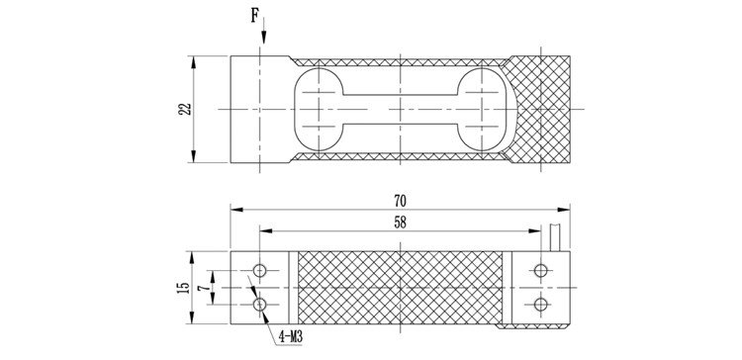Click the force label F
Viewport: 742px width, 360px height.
(254, 16)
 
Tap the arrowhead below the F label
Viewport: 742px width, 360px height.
(263, 38)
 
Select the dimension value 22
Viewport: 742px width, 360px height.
(186, 109)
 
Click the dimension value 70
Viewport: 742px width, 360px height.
(400, 201)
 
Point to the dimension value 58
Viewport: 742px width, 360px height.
(400, 223)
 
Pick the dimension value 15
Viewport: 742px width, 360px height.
(184, 288)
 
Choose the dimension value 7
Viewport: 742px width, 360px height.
(204, 288)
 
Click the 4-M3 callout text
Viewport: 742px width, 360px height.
(291, 337)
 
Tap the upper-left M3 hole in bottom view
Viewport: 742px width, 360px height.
(259, 271)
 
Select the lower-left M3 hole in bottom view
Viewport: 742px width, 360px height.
(259, 305)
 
